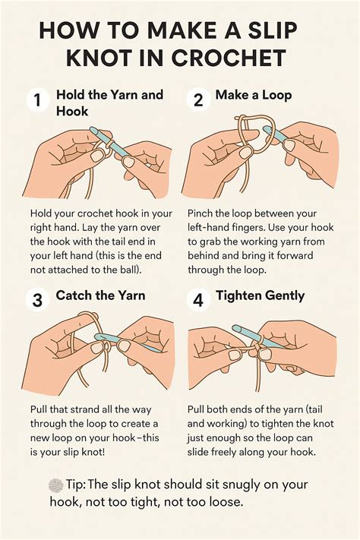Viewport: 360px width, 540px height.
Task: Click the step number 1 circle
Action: click(x=37, y=100)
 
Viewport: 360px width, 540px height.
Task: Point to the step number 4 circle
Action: click(x=198, y=299)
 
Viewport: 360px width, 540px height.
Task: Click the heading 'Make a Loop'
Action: click(x=253, y=95)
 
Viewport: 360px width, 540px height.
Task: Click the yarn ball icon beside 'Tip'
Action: click(x=55, y=485)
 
